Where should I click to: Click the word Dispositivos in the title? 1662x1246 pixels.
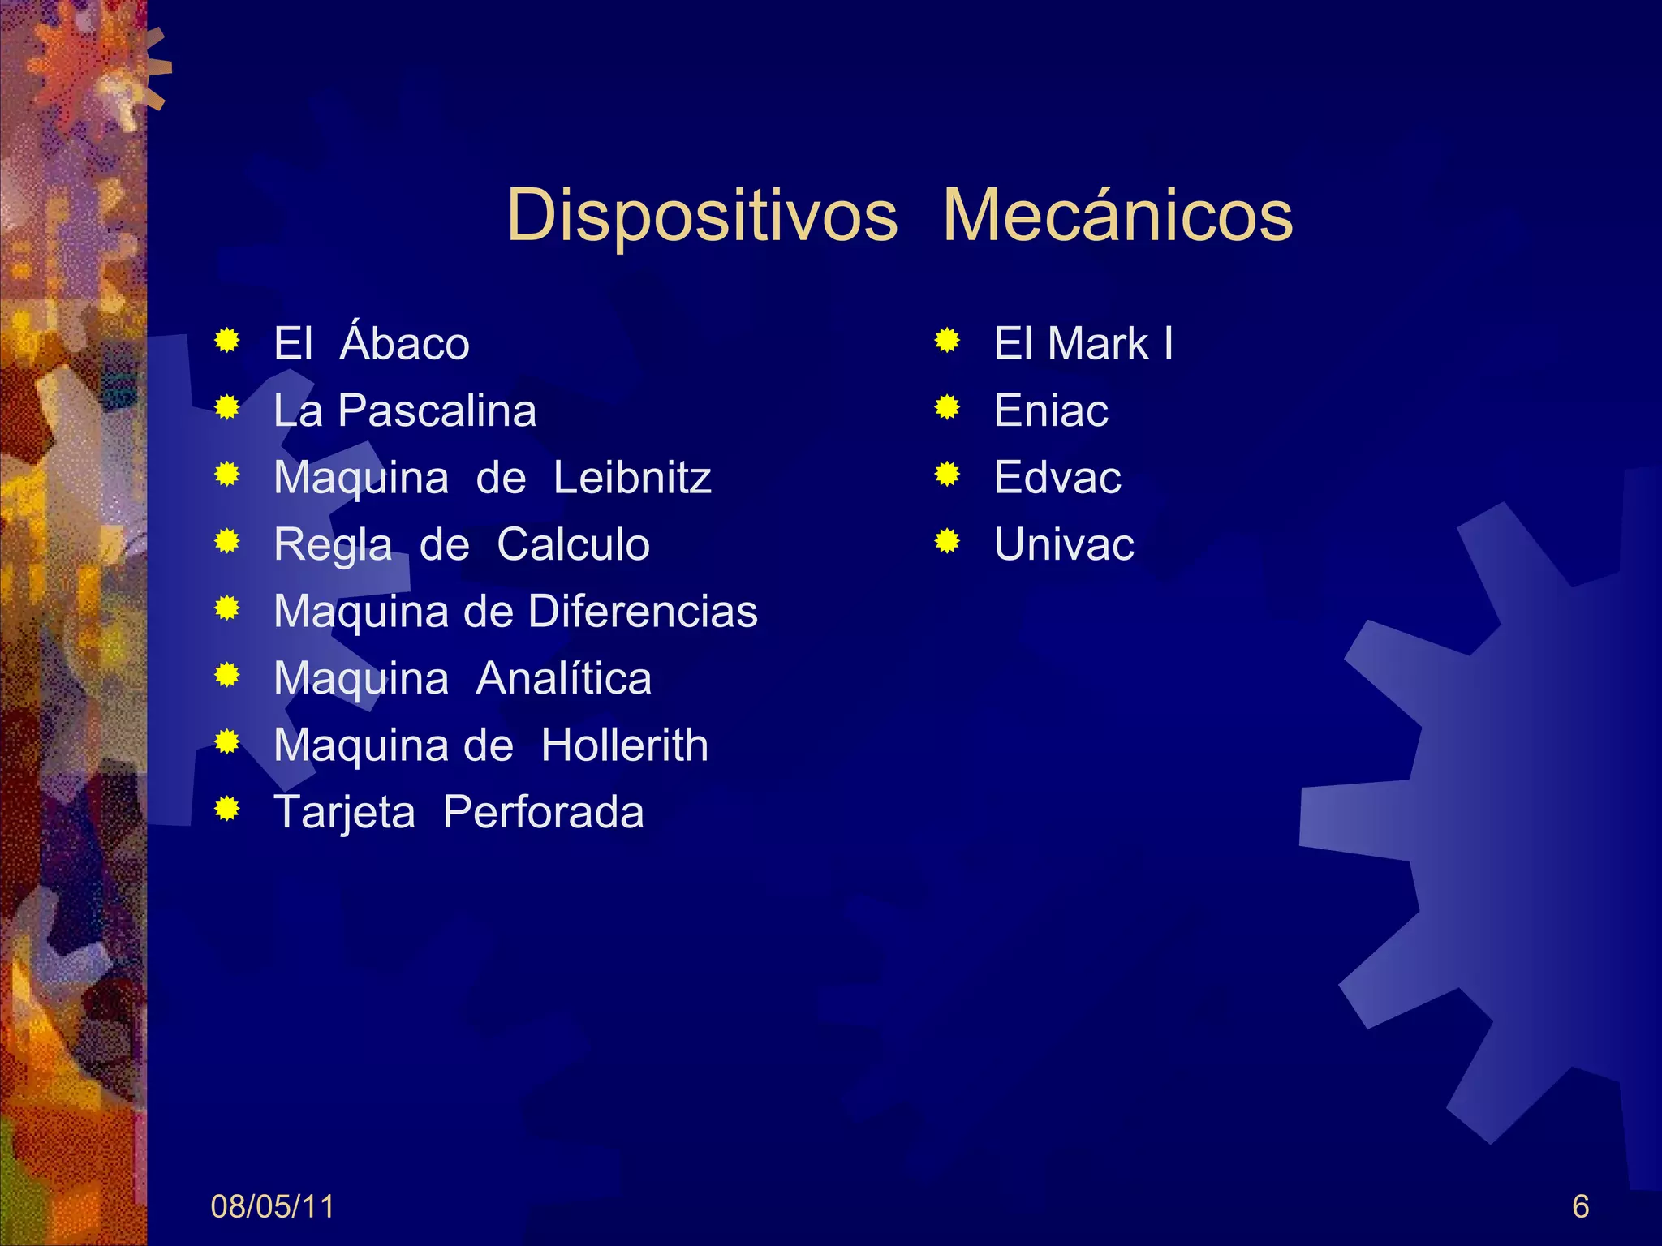(702, 217)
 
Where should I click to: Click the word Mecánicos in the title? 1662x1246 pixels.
(1117, 217)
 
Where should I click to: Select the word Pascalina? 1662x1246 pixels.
(437, 410)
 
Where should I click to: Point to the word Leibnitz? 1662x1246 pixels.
(632, 477)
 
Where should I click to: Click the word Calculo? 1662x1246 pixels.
(573, 544)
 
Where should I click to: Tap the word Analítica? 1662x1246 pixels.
(563, 678)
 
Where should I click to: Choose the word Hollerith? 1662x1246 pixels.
(624, 745)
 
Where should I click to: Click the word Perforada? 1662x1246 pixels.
(543, 812)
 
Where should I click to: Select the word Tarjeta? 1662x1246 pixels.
(345, 813)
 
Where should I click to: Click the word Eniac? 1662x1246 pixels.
(1051, 410)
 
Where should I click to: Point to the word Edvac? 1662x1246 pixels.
(1057, 477)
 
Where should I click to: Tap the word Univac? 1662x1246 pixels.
(1064, 544)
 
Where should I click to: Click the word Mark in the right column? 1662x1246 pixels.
(1099, 343)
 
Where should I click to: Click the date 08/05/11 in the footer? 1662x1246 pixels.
(272, 1207)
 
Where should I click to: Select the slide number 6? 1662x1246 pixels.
(1580, 1207)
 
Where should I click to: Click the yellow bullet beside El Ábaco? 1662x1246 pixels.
(227, 341)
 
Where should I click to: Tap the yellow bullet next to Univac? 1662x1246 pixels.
(947, 541)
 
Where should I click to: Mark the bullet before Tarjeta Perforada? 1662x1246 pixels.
(227, 809)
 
